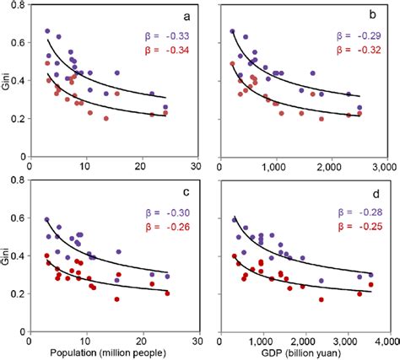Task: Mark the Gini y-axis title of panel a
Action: pos(7,84)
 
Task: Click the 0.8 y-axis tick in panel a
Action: pos(19,6)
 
